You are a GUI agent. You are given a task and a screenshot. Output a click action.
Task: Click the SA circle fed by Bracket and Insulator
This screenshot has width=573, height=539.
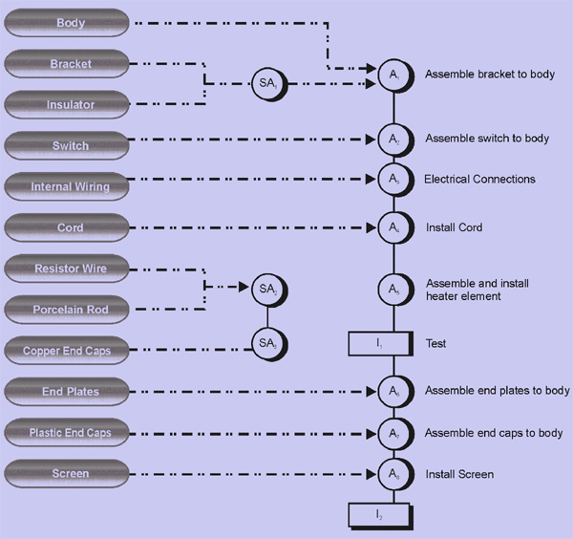pyautogui.click(x=267, y=83)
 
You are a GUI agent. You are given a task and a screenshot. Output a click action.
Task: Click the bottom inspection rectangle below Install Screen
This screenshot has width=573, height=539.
pyautogui.click(x=379, y=515)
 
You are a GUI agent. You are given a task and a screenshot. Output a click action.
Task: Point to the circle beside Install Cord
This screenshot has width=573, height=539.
pyautogui.click(x=393, y=227)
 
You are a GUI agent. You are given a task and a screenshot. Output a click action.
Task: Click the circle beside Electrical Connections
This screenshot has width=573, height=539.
pyautogui.click(x=393, y=179)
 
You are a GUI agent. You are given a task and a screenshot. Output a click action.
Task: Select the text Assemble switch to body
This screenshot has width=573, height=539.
pyautogui.click(x=487, y=139)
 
